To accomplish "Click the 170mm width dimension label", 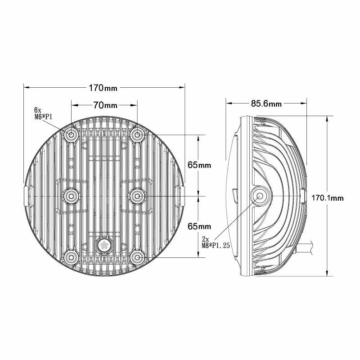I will [x=104, y=86].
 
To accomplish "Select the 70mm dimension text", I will [x=105, y=105].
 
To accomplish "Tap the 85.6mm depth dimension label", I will [x=266, y=104].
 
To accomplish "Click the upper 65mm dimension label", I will [x=199, y=165].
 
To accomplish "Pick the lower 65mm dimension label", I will [x=199, y=226].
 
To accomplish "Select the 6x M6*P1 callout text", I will [x=44, y=113].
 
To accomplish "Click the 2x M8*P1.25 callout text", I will [x=215, y=243].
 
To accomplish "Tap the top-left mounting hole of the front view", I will [x=72, y=135].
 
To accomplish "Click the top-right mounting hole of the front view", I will [x=137, y=135].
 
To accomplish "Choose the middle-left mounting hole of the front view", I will [x=72, y=195].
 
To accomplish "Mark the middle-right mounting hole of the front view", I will [x=137, y=195].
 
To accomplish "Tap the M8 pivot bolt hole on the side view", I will [x=261, y=196].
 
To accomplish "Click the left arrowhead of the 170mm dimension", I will [x=26, y=86].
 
